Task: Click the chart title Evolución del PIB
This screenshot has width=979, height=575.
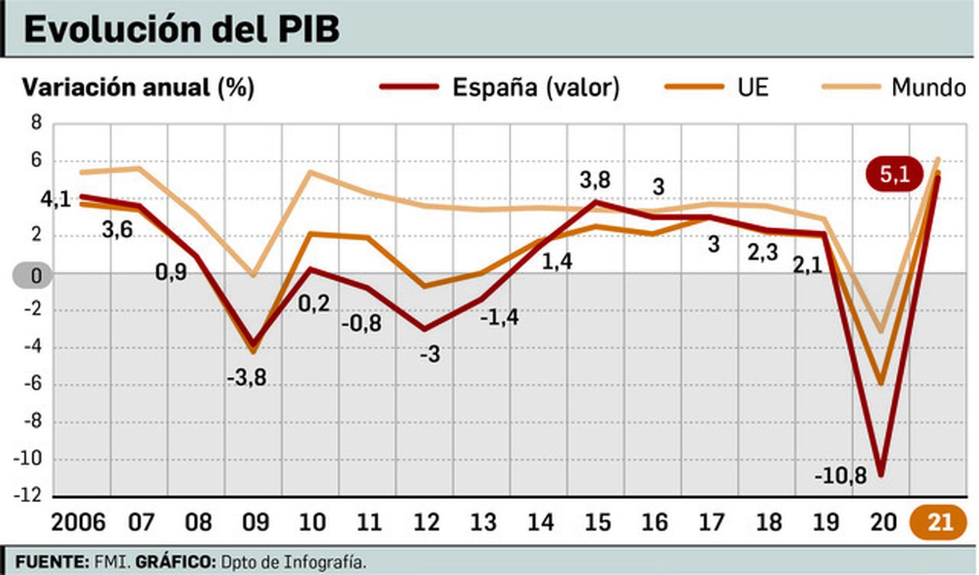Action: tap(182, 29)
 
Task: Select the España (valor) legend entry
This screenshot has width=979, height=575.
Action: tap(499, 87)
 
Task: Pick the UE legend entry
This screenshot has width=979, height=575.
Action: tap(717, 87)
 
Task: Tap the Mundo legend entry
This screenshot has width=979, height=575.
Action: tap(894, 87)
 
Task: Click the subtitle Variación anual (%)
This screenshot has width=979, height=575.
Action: tap(138, 87)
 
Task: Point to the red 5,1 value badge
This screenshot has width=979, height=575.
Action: tap(894, 175)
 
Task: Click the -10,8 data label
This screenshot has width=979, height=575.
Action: tap(841, 475)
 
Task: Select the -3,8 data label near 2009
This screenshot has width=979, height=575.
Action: tap(247, 377)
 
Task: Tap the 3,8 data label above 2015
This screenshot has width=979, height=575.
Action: tap(595, 180)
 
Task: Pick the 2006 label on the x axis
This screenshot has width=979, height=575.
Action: tap(78, 522)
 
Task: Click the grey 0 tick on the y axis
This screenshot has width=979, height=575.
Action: tap(33, 275)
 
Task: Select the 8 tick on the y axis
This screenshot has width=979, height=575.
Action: tap(36, 124)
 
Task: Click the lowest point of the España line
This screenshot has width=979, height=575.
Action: tap(881, 474)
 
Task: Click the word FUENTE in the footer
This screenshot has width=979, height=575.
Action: tap(51, 562)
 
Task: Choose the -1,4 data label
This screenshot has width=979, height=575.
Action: tap(499, 317)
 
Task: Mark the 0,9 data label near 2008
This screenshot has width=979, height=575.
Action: tap(171, 272)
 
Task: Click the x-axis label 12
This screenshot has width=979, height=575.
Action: tap(426, 522)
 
